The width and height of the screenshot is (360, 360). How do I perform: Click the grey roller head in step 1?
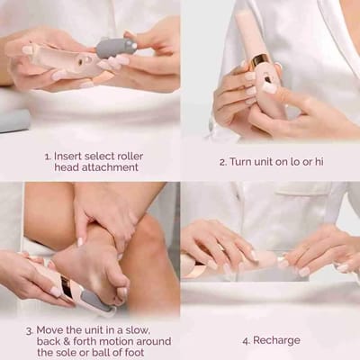(x=115, y=48)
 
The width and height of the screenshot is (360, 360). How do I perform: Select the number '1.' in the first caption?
(x=49, y=156)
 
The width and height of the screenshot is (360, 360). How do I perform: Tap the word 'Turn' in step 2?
(x=243, y=163)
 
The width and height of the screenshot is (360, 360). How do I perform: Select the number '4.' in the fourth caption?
(x=246, y=342)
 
